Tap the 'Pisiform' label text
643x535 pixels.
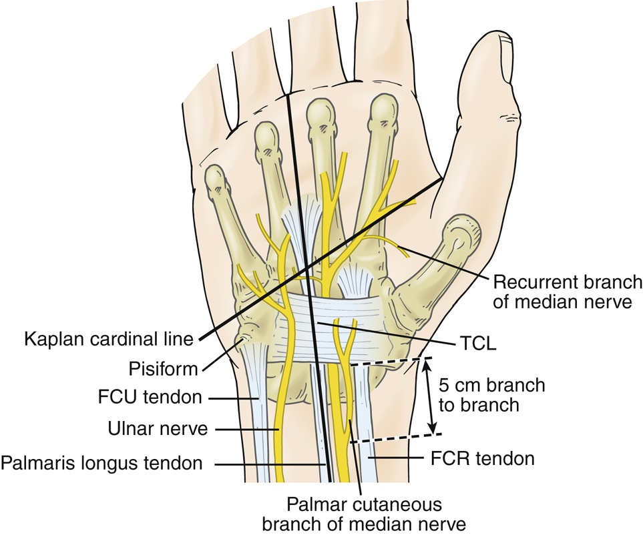tap(165, 368)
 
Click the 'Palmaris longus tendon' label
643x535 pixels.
tap(101, 462)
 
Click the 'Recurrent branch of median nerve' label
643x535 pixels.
tap(566, 292)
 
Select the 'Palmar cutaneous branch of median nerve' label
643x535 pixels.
tap(365, 512)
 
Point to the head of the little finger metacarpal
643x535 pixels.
tap(216, 180)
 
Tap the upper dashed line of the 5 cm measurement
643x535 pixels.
tap(387, 362)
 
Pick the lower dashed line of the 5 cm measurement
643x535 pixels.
tap(394, 438)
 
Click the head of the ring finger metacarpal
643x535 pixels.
tap(266, 137)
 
